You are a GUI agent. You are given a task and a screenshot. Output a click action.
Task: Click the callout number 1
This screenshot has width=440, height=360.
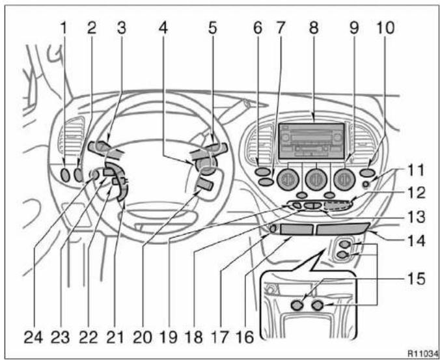click(x=64, y=28)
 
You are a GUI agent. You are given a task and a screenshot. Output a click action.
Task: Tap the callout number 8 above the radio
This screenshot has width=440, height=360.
click(x=314, y=28)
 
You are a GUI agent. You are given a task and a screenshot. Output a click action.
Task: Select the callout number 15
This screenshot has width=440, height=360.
click(x=415, y=279)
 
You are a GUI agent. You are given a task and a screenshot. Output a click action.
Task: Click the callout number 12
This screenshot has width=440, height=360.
click(x=416, y=193)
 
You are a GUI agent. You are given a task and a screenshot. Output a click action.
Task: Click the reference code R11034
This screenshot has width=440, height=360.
click(x=423, y=353)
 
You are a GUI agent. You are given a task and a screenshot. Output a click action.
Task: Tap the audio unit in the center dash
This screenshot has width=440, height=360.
click(x=312, y=141)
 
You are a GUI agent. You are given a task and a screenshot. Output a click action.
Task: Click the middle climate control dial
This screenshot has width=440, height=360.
click(x=316, y=179)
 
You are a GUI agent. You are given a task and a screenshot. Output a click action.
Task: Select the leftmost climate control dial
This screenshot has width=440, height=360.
click(x=287, y=178)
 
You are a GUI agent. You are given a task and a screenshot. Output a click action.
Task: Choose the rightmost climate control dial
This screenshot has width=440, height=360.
click(x=344, y=179)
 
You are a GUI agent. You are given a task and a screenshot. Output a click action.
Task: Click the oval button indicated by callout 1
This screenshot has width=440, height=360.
click(x=65, y=175)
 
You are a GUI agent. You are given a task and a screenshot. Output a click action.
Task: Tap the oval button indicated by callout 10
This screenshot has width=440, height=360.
click(x=368, y=173)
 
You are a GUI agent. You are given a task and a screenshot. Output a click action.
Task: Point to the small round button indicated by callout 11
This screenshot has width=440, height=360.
click(x=366, y=184)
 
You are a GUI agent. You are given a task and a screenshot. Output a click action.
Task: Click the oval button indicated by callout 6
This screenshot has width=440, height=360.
click(x=263, y=171)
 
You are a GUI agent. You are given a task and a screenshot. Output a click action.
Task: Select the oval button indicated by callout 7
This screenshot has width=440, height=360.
click(x=266, y=182)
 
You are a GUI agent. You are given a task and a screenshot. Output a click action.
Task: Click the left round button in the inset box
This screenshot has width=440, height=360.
click(x=297, y=305)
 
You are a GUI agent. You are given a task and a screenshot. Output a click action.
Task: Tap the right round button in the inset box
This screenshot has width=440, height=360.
click(x=318, y=305)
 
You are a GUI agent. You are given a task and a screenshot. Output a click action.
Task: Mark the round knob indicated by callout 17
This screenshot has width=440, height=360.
click(x=273, y=229)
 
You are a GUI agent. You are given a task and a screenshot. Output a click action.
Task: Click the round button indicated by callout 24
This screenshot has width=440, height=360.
click(x=94, y=175)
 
